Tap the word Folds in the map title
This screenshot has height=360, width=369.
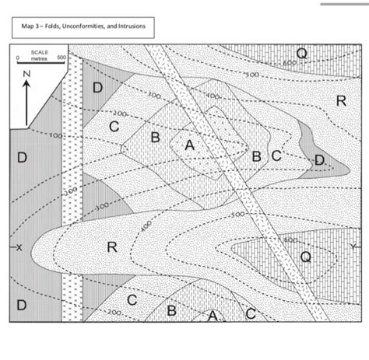click(x=45, y=27)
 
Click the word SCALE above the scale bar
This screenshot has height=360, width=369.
click(x=40, y=52)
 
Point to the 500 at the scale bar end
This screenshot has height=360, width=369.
click(x=62, y=58)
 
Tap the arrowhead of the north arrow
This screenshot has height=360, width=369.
click(x=26, y=85)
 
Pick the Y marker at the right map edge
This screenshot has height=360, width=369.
click(x=355, y=246)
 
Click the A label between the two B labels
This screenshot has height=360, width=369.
click(x=189, y=145)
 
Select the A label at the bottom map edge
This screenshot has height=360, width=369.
click(x=212, y=316)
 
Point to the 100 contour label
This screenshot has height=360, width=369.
click(x=55, y=136)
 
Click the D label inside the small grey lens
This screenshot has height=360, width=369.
click(x=319, y=159)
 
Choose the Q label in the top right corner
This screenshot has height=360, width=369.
click(x=301, y=53)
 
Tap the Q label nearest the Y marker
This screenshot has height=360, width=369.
click(x=306, y=257)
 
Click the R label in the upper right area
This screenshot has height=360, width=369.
click(x=340, y=100)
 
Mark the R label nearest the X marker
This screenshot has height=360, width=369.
click(x=111, y=247)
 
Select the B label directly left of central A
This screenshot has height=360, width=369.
click(x=156, y=138)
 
